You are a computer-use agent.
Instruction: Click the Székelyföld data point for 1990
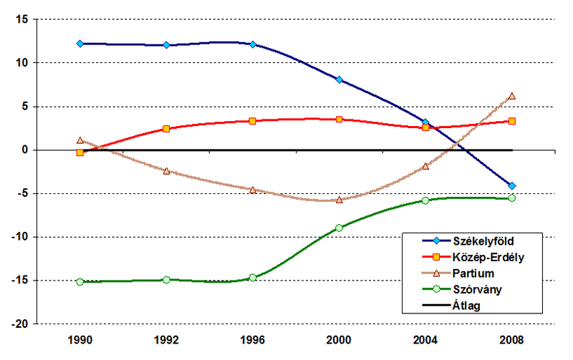coord(80,44)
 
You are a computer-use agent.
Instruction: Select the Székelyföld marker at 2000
coord(339,79)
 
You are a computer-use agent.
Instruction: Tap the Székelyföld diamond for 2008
coord(512,186)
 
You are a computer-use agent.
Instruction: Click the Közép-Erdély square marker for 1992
coord(166,129)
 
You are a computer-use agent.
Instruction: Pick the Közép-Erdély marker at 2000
coord(339,120)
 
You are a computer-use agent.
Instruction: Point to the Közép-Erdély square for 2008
coord(512,121)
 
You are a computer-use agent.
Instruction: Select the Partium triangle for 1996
coord(253,190)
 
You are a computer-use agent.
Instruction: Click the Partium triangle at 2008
coord(512,96)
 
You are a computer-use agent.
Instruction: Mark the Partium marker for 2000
coord(339,200)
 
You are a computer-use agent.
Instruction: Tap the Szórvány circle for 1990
coord(80,282)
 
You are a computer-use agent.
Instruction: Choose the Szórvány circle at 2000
coord(339,228)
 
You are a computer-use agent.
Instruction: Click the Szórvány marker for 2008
coord(512,198)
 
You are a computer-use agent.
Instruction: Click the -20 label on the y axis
coord(20,323)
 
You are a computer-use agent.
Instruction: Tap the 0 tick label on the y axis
coord(25,150)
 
